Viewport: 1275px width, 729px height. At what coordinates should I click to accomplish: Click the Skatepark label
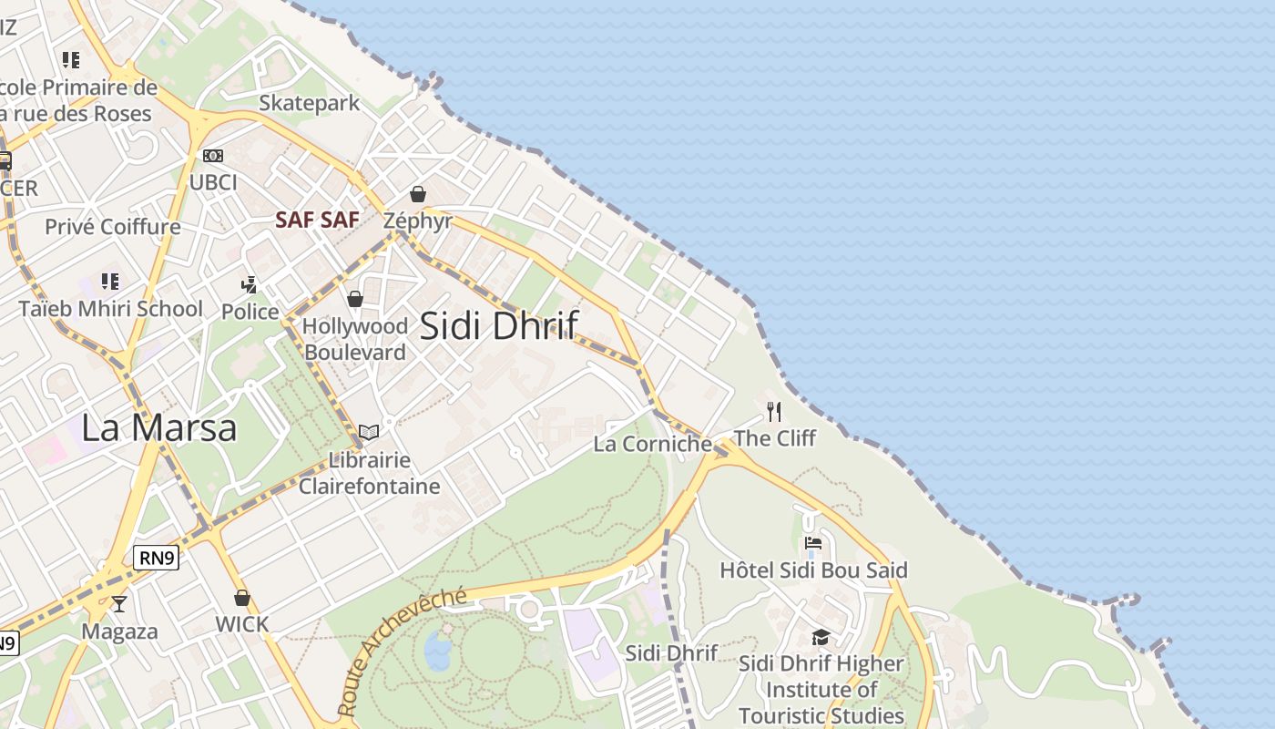click(310, 103)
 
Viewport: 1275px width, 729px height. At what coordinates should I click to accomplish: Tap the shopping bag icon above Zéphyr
click(418, 194)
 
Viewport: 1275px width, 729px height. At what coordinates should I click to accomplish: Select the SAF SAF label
click(318, 220)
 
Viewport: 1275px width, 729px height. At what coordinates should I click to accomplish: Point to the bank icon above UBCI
click(213, 156)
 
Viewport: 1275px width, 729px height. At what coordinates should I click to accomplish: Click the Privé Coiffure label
click(113, 227)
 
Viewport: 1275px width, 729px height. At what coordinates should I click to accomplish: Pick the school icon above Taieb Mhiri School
click(110, 282)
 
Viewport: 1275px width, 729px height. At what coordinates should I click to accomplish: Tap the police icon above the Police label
click(250, 285)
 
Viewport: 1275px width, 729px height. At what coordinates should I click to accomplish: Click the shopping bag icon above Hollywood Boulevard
click(355, 299)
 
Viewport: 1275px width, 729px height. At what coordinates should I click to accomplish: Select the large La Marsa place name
click(159, 427)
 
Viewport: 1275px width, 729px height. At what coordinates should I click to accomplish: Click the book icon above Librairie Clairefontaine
click(369, 432)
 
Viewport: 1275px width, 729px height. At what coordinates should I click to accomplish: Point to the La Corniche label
click(652, 444)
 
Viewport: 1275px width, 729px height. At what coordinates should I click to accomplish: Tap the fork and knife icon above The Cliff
click(774, 412)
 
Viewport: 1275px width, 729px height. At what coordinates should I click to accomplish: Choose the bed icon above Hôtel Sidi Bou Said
click(813, 544)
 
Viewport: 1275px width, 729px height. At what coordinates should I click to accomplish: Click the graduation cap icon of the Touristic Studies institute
click(821, 637)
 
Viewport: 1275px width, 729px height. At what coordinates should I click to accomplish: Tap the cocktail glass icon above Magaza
click(119, 603)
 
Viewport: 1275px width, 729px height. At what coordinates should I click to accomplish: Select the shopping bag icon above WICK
click(242, 598)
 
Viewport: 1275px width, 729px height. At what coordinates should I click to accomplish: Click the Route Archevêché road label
click(401, 651)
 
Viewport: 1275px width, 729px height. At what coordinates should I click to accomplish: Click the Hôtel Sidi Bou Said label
click(813, 570)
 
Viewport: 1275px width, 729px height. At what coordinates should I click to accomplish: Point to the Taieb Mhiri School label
click(111, 309)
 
